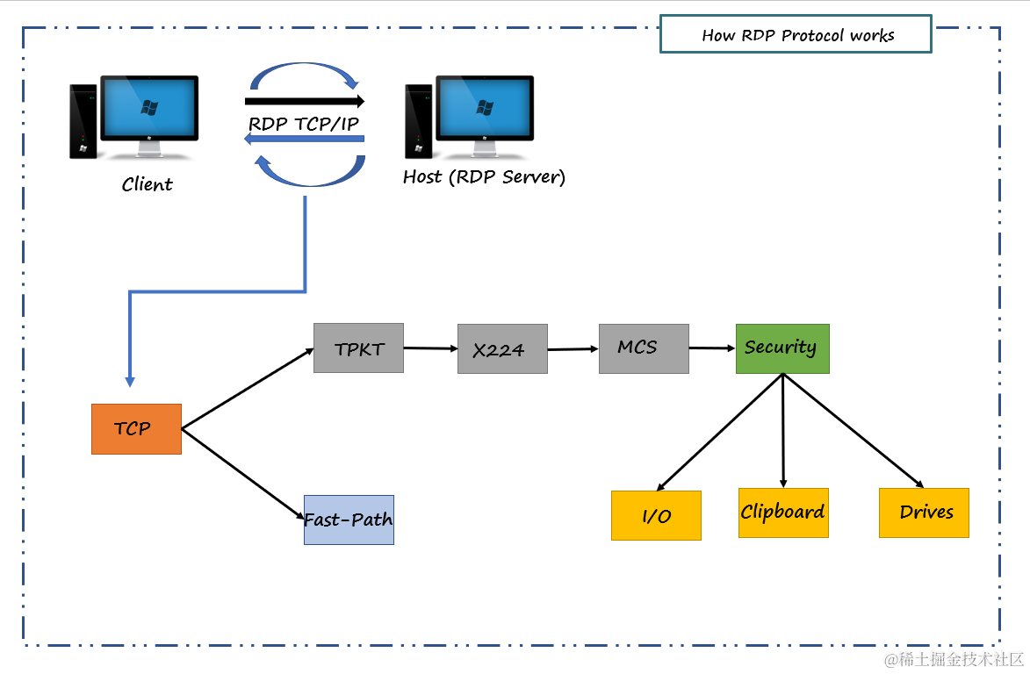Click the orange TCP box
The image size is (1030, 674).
[x=136, y=429]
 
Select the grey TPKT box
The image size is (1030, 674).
[x=358, y=348]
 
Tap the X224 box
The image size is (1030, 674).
[x=502, y=349]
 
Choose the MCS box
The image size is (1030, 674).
[x=644, y=348]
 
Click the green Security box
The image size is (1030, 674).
[x=782, y=348]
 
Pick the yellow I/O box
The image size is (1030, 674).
[x=656, y=515]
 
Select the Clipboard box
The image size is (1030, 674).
[x=783, y=513]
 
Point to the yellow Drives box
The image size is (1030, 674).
[x=924, y=513]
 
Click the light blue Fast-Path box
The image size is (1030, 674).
[x=349, y=520]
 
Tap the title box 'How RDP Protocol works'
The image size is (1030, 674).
[x=796, y=34]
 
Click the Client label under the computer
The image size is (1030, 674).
[x=147, y=184]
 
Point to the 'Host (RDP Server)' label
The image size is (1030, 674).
[x=484, y=177]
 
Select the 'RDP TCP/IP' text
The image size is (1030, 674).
[x=304, y=124]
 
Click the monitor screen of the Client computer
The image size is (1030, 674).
[x=149, y=107]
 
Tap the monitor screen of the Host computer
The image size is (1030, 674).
[x=484, y=107]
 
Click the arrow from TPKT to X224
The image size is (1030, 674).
[x=430, y=348]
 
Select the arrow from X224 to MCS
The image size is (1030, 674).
[x=573, y=349]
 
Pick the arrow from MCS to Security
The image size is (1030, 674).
[x=712, y=348]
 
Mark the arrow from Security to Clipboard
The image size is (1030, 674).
[x=783, y=430]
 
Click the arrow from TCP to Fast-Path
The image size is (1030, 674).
[x=242, y=474]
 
